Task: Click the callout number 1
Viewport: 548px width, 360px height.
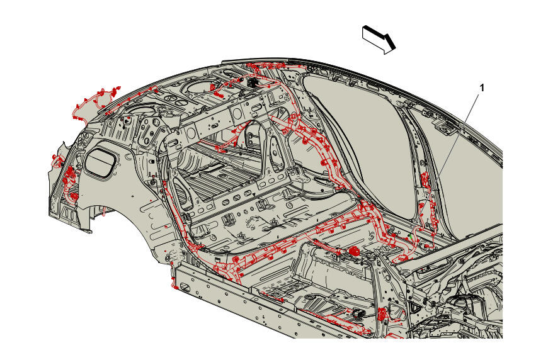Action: point(482,88)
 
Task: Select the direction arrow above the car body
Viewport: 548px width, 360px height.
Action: point(379,39)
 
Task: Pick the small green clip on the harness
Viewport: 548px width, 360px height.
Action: point(411,237)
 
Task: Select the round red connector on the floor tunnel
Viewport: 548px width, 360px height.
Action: point(353,251)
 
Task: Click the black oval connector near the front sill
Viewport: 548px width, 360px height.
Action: point(359,314)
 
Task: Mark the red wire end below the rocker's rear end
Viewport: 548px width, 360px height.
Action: point(174,283)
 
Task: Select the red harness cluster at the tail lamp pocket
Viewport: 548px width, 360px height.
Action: point(69,181)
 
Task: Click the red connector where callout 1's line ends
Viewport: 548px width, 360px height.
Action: point(426,181)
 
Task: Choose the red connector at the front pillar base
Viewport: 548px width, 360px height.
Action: point(383,313)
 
